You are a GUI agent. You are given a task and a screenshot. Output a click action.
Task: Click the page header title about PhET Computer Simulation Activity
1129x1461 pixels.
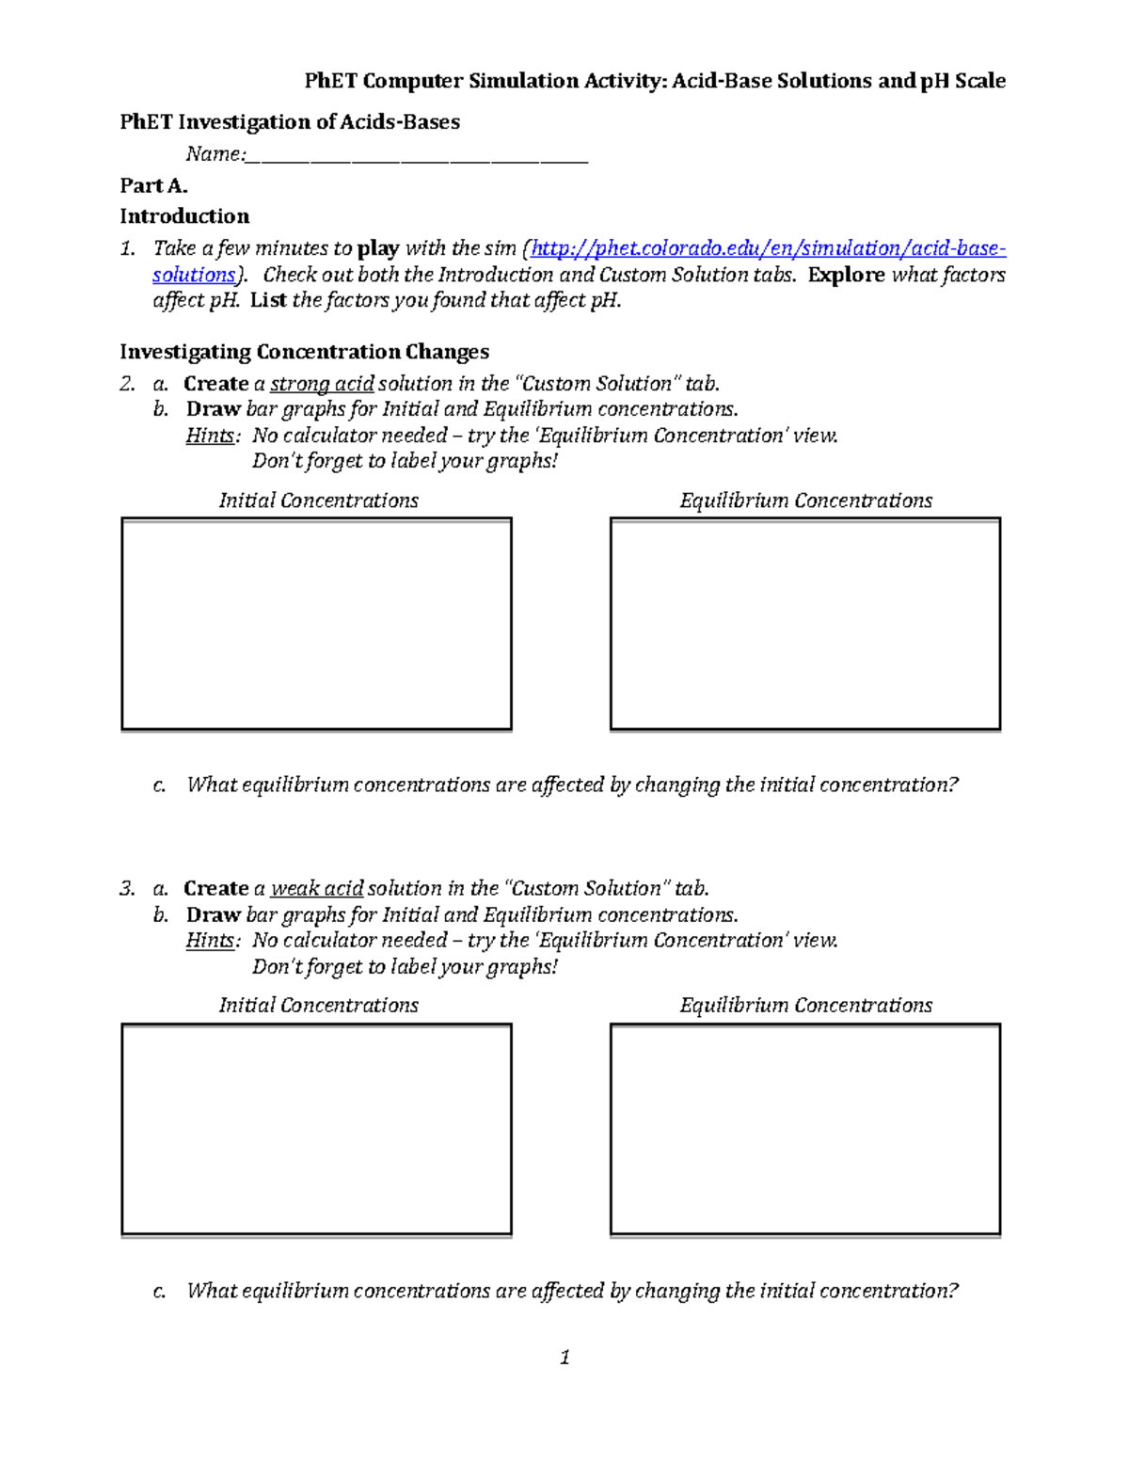click(x=655, y=81)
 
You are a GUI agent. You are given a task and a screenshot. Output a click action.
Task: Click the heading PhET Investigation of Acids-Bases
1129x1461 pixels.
click(x=290, y=121)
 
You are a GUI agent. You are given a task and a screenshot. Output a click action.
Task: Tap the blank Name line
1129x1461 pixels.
click(x=416, y=156)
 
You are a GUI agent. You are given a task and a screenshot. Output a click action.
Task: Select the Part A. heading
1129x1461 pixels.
click(x=153, y=185)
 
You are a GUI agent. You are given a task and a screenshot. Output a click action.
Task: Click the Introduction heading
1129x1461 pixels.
click(x=184, y=216)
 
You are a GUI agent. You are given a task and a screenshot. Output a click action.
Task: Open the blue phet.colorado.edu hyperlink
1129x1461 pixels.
click(x=768, y=248)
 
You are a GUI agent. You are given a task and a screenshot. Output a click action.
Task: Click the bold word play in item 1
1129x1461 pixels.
click(x=378, y=248)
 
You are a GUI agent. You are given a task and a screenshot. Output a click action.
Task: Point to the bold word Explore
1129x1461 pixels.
click(x=846, y=275)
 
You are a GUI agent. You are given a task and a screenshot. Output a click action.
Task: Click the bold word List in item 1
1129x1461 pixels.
click(x=268, y=300)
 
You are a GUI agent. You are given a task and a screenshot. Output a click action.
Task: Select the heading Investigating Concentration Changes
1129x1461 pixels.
click(x=304, y=352)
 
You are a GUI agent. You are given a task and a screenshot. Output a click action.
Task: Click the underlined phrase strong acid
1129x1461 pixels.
click(x=322, y=384)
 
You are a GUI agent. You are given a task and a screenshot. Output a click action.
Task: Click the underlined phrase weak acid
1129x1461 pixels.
click(x=317, y=888)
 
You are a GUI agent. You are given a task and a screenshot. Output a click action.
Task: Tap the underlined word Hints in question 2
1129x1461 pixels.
click(x=210, y=436)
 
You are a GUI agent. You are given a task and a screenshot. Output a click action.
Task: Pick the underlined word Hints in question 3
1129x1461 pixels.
click(x=210, y=940)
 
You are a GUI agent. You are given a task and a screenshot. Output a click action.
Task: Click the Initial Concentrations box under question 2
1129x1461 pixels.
click(x=316, y=624)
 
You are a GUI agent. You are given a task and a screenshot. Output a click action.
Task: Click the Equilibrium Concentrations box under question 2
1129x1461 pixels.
click(x=804, y=624)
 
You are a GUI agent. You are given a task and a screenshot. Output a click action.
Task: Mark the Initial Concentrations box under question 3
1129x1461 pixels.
click(x=316, y=1129)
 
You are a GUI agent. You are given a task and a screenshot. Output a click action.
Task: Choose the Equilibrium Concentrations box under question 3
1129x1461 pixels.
click(x=804, y=1129)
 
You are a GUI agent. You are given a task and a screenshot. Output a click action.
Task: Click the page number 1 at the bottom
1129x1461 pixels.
click(x=564, y=1357)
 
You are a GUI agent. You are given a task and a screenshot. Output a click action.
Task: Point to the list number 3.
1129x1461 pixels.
click(x=126, y=888)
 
